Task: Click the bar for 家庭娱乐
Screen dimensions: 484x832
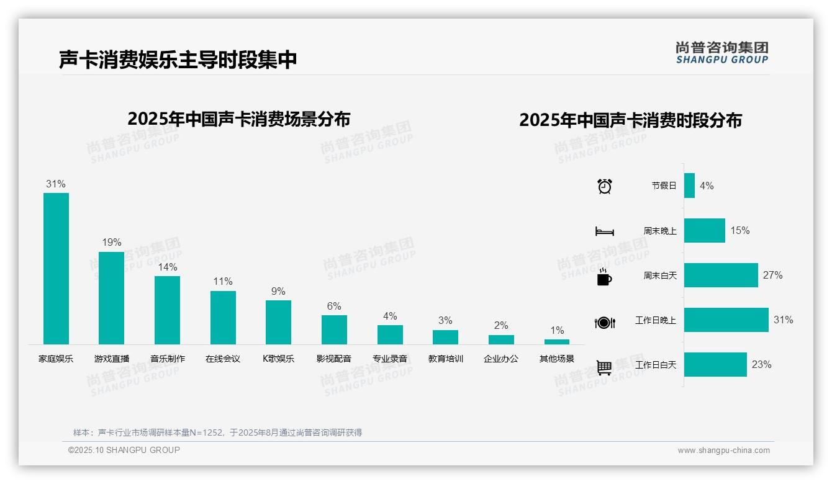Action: pyautogui.click(x=56, y=268)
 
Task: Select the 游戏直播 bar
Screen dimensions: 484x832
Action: pyautogui.click(x=111, y=298)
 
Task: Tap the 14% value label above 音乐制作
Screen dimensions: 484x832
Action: pyautogui.click(x=167, y=267)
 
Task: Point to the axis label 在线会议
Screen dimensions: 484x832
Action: pyautogui.click(x=223, y=359)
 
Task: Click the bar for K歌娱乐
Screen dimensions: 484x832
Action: pyautogui.click(x=278, y=322)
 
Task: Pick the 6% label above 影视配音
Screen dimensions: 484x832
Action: pyautogui.click(x=334, y=307)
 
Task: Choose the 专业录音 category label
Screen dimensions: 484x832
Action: pyautogui.click(x=390, y=359)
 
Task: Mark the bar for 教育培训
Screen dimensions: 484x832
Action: pyautogui.click(x=445, y=337)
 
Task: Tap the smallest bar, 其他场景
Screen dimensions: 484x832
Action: pyautogui.click(x=557, y=342)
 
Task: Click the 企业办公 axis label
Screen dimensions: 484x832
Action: pyautogui.click(x=501, y=359)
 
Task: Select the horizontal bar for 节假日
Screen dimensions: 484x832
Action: pyautogui.click(x=689, y=186)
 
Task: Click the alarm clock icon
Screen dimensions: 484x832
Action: pyautogui.click(x=605, y=186)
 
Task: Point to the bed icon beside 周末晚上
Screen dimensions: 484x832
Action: pyautogui.click(x=605, y=231)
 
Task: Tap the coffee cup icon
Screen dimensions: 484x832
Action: pyautogui.click(x=604, y=277)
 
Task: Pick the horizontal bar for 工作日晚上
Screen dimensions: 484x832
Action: pyautogui.click(x=726, y=320)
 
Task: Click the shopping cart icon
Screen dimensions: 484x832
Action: pyautogui.click(x=604, y=367)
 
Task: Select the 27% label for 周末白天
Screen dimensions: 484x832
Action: pyautogui.click(x=773, y=276)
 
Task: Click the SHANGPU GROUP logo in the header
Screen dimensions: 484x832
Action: pyautogui.click(x=722, y=53)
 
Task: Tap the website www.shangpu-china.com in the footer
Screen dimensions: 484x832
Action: pyautogui.click(x=723, y=450)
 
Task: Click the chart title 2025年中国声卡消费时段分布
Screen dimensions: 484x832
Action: pyautogui.click(x=630, y=120)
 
